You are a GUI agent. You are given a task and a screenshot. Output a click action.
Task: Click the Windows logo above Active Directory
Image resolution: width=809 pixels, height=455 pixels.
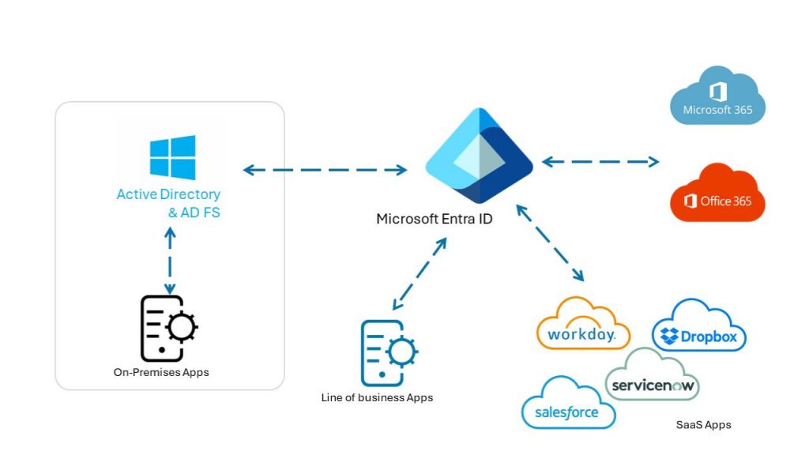tap(172, 157)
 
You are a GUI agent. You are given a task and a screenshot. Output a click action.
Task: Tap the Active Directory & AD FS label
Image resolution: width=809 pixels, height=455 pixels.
tap(169, 203)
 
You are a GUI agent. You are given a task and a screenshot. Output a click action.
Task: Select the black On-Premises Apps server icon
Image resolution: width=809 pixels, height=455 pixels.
tap(168, 329)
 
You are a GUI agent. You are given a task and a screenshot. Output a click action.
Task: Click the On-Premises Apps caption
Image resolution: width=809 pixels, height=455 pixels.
tap(161, 372)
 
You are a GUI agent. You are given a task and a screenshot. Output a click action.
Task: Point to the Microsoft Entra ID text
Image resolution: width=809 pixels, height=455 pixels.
tap(434, 219)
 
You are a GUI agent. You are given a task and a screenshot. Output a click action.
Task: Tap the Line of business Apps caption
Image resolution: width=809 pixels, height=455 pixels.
tap(377, 397)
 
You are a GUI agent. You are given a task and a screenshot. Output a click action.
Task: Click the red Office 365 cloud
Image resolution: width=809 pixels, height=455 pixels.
tap(717, 194)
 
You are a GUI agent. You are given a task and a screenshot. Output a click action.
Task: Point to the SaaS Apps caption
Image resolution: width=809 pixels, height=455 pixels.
tap(703, 425)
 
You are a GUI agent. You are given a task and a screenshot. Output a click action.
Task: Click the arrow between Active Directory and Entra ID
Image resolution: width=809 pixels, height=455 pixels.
tap(325, 169)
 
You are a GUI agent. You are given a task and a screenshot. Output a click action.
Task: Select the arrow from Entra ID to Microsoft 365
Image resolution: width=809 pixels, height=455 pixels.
tap(600, 162)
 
